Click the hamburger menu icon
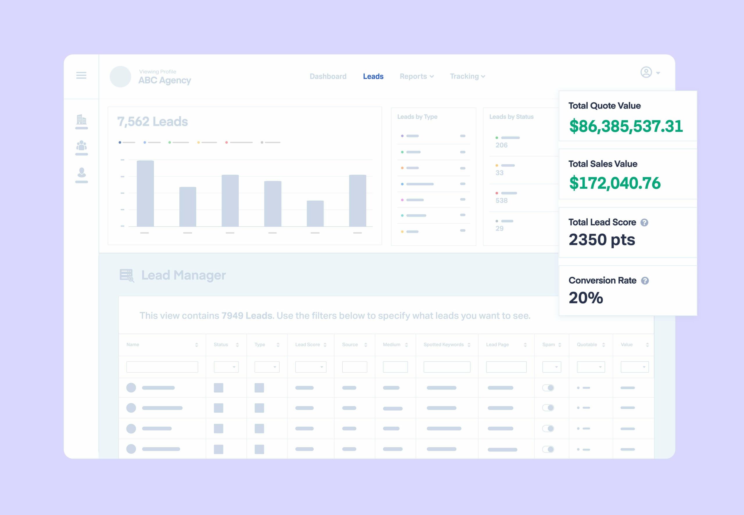81,75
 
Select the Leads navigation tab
373,76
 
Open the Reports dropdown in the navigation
416,76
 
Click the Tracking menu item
467,76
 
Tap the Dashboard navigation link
328,76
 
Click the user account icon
646,72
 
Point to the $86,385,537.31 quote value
626,126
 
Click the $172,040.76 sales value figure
615,183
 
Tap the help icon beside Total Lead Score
644,223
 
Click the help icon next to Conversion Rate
645,281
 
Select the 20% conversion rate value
586,298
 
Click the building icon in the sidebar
81,120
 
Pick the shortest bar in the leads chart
315,213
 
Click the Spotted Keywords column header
443,345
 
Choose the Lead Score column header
307,345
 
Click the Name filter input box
162,367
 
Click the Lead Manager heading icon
126,276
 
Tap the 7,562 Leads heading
152,122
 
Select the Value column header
627,345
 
